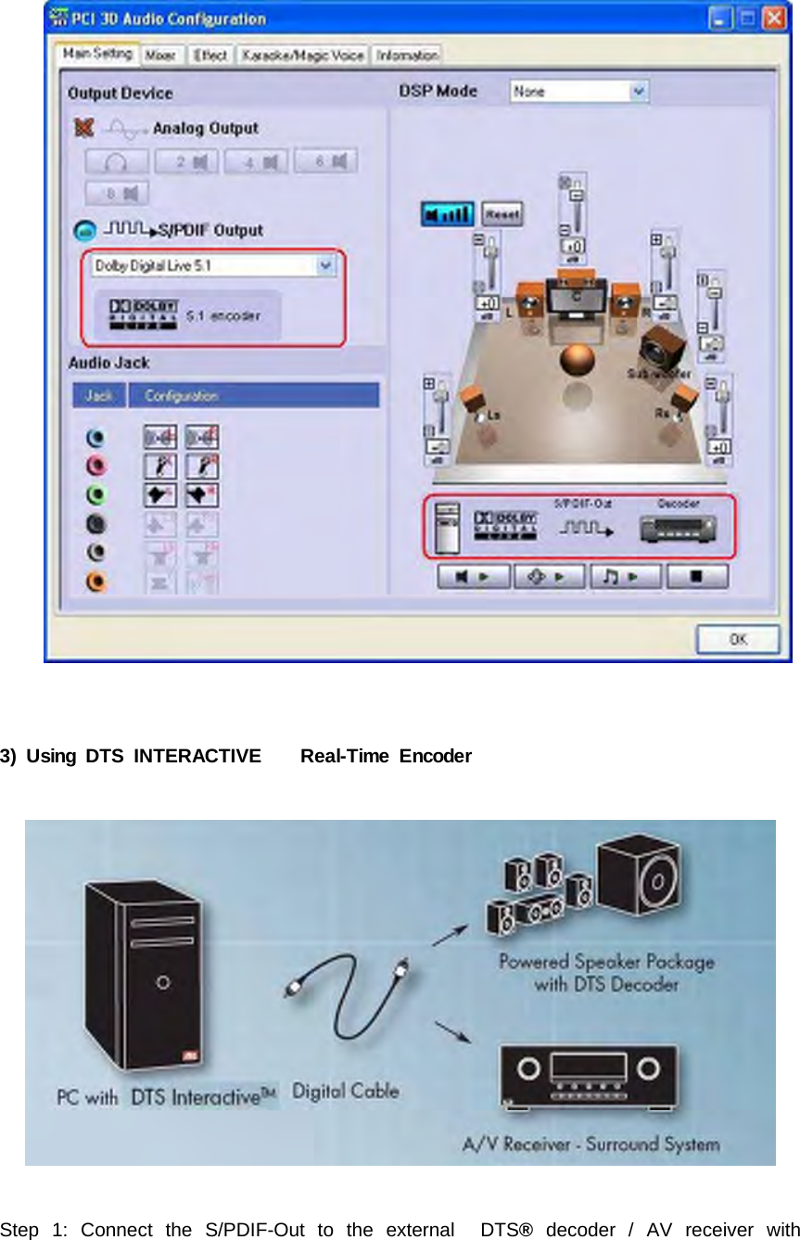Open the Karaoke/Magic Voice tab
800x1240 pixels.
302,56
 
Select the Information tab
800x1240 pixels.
406,56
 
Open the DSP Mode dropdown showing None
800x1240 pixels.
578,91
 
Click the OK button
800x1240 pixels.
738,639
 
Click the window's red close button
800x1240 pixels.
774,18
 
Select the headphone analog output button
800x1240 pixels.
117,162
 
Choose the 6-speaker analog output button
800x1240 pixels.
326,162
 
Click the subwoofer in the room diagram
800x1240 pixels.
665,349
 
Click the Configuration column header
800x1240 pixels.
252,396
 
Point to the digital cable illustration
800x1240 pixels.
344,1006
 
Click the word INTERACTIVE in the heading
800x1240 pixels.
197,757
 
